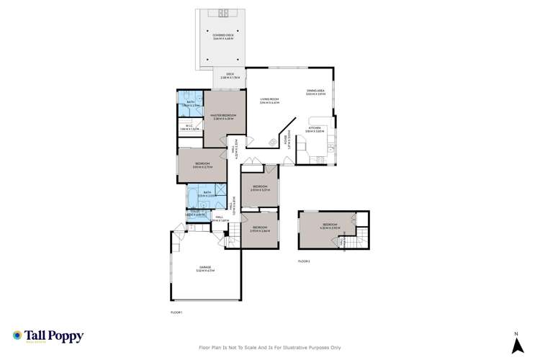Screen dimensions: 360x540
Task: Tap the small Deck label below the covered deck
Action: tap(230, 75)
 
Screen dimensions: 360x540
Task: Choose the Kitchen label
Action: tap(315, 129)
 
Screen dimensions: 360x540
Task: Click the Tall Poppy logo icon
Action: tap(17, 336)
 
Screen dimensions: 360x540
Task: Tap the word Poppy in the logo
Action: tap(66, 335)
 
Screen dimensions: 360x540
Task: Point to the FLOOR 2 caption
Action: tap(304, 261)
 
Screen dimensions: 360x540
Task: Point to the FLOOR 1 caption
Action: tap(177, 312)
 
